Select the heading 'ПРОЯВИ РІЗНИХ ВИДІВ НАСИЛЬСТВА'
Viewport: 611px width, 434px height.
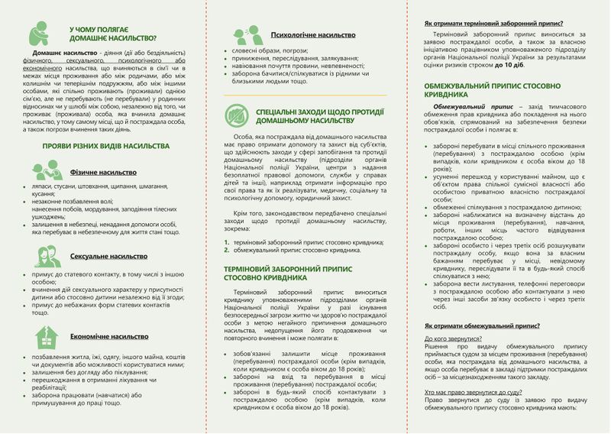click(x=105, y=145)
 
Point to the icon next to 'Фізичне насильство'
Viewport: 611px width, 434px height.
click(x=47, y=170)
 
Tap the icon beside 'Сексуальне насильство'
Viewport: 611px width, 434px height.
click(x=47, y=257)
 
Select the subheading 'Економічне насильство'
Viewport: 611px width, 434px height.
click(x=110, y=335)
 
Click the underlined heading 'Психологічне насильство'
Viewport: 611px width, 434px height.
click(x=314, y=34)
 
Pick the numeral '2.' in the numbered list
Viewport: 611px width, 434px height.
click(x=226, y=250)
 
